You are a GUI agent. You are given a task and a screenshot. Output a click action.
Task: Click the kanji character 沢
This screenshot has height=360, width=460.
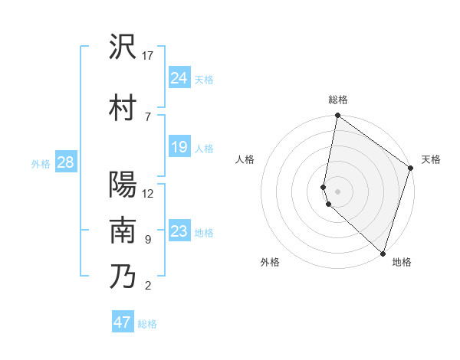[x=123, y=47]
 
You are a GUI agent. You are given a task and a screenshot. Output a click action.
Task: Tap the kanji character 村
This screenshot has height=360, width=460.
[x=123, y=107]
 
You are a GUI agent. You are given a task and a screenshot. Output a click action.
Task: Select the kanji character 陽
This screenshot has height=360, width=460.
[x=123, y=185]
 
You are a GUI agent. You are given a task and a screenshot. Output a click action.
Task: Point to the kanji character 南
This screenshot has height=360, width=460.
[x=123, y=231]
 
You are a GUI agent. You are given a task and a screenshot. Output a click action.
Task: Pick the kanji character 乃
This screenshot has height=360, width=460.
[x=123, y=277]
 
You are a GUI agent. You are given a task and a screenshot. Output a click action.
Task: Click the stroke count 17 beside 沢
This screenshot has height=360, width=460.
[x=148, y=56]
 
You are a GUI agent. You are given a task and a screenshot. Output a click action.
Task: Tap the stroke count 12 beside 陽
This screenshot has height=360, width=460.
[x=148, y=193]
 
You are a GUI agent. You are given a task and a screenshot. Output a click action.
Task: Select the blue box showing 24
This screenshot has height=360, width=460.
[x=179, y=78]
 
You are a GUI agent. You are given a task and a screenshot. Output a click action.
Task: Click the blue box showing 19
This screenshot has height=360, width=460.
[x=179, y=147]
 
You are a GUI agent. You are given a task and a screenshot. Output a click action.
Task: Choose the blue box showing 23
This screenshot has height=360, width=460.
[x=179, y=231]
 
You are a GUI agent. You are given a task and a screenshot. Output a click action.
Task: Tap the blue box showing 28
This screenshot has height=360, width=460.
[x=64, y=162]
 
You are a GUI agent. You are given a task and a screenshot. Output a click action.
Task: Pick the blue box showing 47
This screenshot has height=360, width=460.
[x=122, y=322]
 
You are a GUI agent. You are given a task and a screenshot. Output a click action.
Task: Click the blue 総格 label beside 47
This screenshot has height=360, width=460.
[x=147, y=324]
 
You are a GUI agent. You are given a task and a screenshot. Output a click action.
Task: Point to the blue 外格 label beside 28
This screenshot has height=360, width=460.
[x=41, y=163]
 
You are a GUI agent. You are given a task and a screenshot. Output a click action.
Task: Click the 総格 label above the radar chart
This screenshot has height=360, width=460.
[x=338, y=100]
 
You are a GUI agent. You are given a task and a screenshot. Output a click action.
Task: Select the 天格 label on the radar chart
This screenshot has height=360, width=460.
[x=431, y=159]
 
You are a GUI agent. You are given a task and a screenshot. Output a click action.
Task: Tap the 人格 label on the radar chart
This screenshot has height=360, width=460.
[x=245, y=159]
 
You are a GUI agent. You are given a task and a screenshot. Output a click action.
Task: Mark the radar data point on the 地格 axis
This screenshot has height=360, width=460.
[x=383, y=253]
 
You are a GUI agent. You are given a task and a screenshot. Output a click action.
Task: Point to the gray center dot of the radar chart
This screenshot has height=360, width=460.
[x=338, y=191]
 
